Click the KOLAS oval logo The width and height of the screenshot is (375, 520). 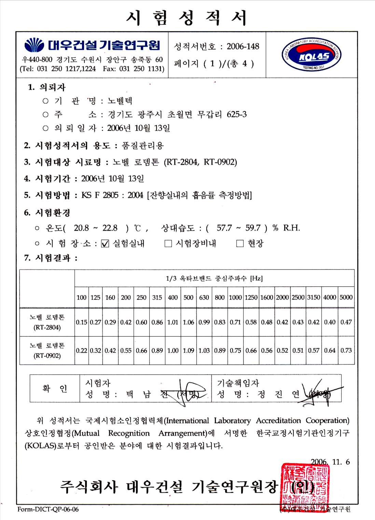coord(311,55)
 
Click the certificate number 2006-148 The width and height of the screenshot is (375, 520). coord(243,46)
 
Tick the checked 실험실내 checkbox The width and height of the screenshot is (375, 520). coord(105,244)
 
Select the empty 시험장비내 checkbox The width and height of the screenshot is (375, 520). coord(168,244)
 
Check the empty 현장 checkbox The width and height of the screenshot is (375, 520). coord(240,244)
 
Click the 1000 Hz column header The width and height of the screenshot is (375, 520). coord(235,298)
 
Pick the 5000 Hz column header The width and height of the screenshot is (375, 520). coord(346,298)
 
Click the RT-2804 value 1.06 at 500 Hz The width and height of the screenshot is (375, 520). coord(188,322)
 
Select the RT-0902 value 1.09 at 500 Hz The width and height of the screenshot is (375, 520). coord(188,350)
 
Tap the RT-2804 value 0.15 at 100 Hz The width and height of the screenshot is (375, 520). coord(82,322)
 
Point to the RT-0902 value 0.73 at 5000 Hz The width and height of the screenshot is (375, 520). coord(346,350)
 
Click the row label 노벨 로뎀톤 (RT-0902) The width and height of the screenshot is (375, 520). coord(47,350)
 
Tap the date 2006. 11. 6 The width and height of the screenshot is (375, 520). coord(330,462)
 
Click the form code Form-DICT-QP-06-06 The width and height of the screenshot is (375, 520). coord(48,509)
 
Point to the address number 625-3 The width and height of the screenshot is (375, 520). coord(237,114)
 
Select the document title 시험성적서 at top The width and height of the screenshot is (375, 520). coord(187,18)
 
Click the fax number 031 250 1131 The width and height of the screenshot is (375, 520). coord(141,69)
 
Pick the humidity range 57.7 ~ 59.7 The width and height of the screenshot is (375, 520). coord(239,228)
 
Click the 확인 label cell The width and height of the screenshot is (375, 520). coord(55,389)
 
